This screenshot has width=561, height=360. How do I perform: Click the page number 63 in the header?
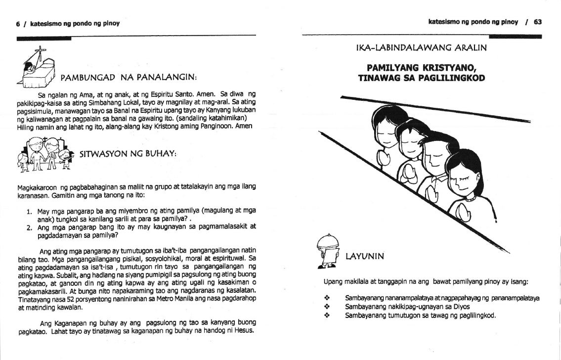click(x=538, y=22)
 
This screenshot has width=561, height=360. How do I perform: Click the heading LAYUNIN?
click(x=365, y=256)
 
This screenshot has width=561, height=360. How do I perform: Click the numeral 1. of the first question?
click(x=29, y=210)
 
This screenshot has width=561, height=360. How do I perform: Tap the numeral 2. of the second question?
click(x=29, y=227)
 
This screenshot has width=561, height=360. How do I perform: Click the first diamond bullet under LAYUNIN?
click(x=326, y=299)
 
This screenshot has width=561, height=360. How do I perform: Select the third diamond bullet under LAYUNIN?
click(x=326, y=315)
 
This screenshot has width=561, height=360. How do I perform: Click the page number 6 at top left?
click(x=18, y=23)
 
